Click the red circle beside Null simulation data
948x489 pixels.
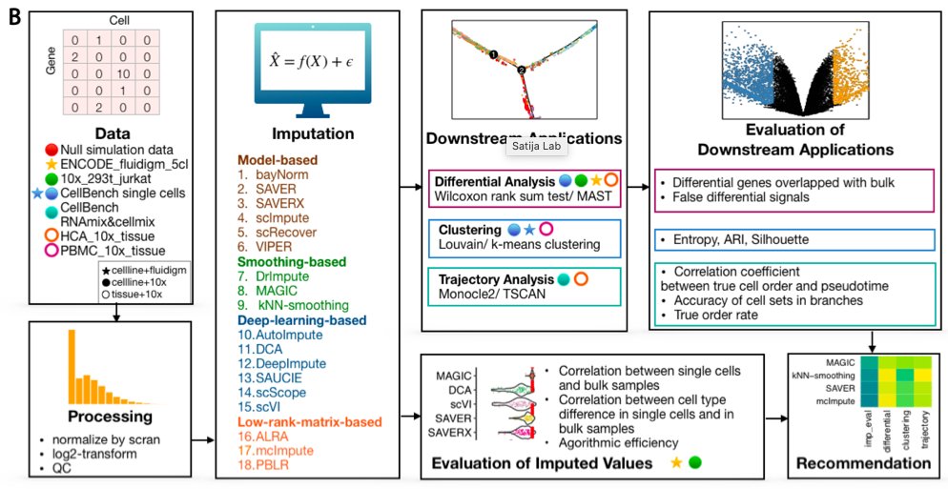tap(51, 149)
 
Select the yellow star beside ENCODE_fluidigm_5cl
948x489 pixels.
tap(51, 164)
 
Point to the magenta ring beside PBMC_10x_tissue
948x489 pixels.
tap(51, 251)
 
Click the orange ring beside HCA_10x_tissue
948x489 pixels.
tap(51, 234)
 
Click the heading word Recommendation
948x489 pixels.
tap(864, 463)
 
